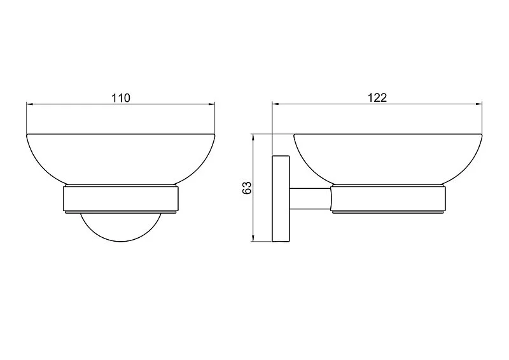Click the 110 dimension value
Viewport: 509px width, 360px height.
pyautogui.click(x=121, y=98)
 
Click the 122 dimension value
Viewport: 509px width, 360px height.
pyautogui.click(x=377, y=97)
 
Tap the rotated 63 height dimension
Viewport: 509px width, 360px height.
pyautogui.click(x=247, y=188)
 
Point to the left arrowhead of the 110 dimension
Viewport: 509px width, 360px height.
pyautogui.click(x=29, y=104)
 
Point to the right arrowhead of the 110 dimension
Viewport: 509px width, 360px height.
pyautogui.click(x=211, y=104)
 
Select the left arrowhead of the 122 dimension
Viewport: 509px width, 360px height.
pyautogui.click(x=275, y=104)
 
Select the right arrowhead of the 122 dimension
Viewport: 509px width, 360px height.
pyautogui.click(x=479, y=104)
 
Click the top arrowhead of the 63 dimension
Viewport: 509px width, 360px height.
pyautogui.click(x=253, y=137)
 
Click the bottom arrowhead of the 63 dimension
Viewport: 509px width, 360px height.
pyautogui.click(x=253, y=239)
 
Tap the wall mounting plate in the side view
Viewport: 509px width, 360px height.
pyautogui.click(x=281, y=199)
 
